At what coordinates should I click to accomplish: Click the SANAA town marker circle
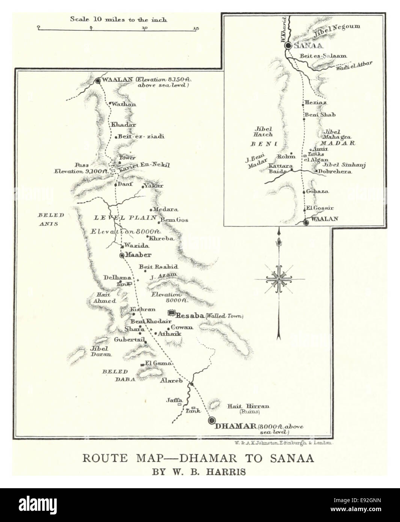288,45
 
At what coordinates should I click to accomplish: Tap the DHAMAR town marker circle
212,420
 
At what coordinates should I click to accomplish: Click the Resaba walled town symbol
172,312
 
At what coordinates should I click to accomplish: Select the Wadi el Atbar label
354,66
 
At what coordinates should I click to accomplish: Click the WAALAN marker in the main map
98,80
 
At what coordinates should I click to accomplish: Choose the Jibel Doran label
100,351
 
